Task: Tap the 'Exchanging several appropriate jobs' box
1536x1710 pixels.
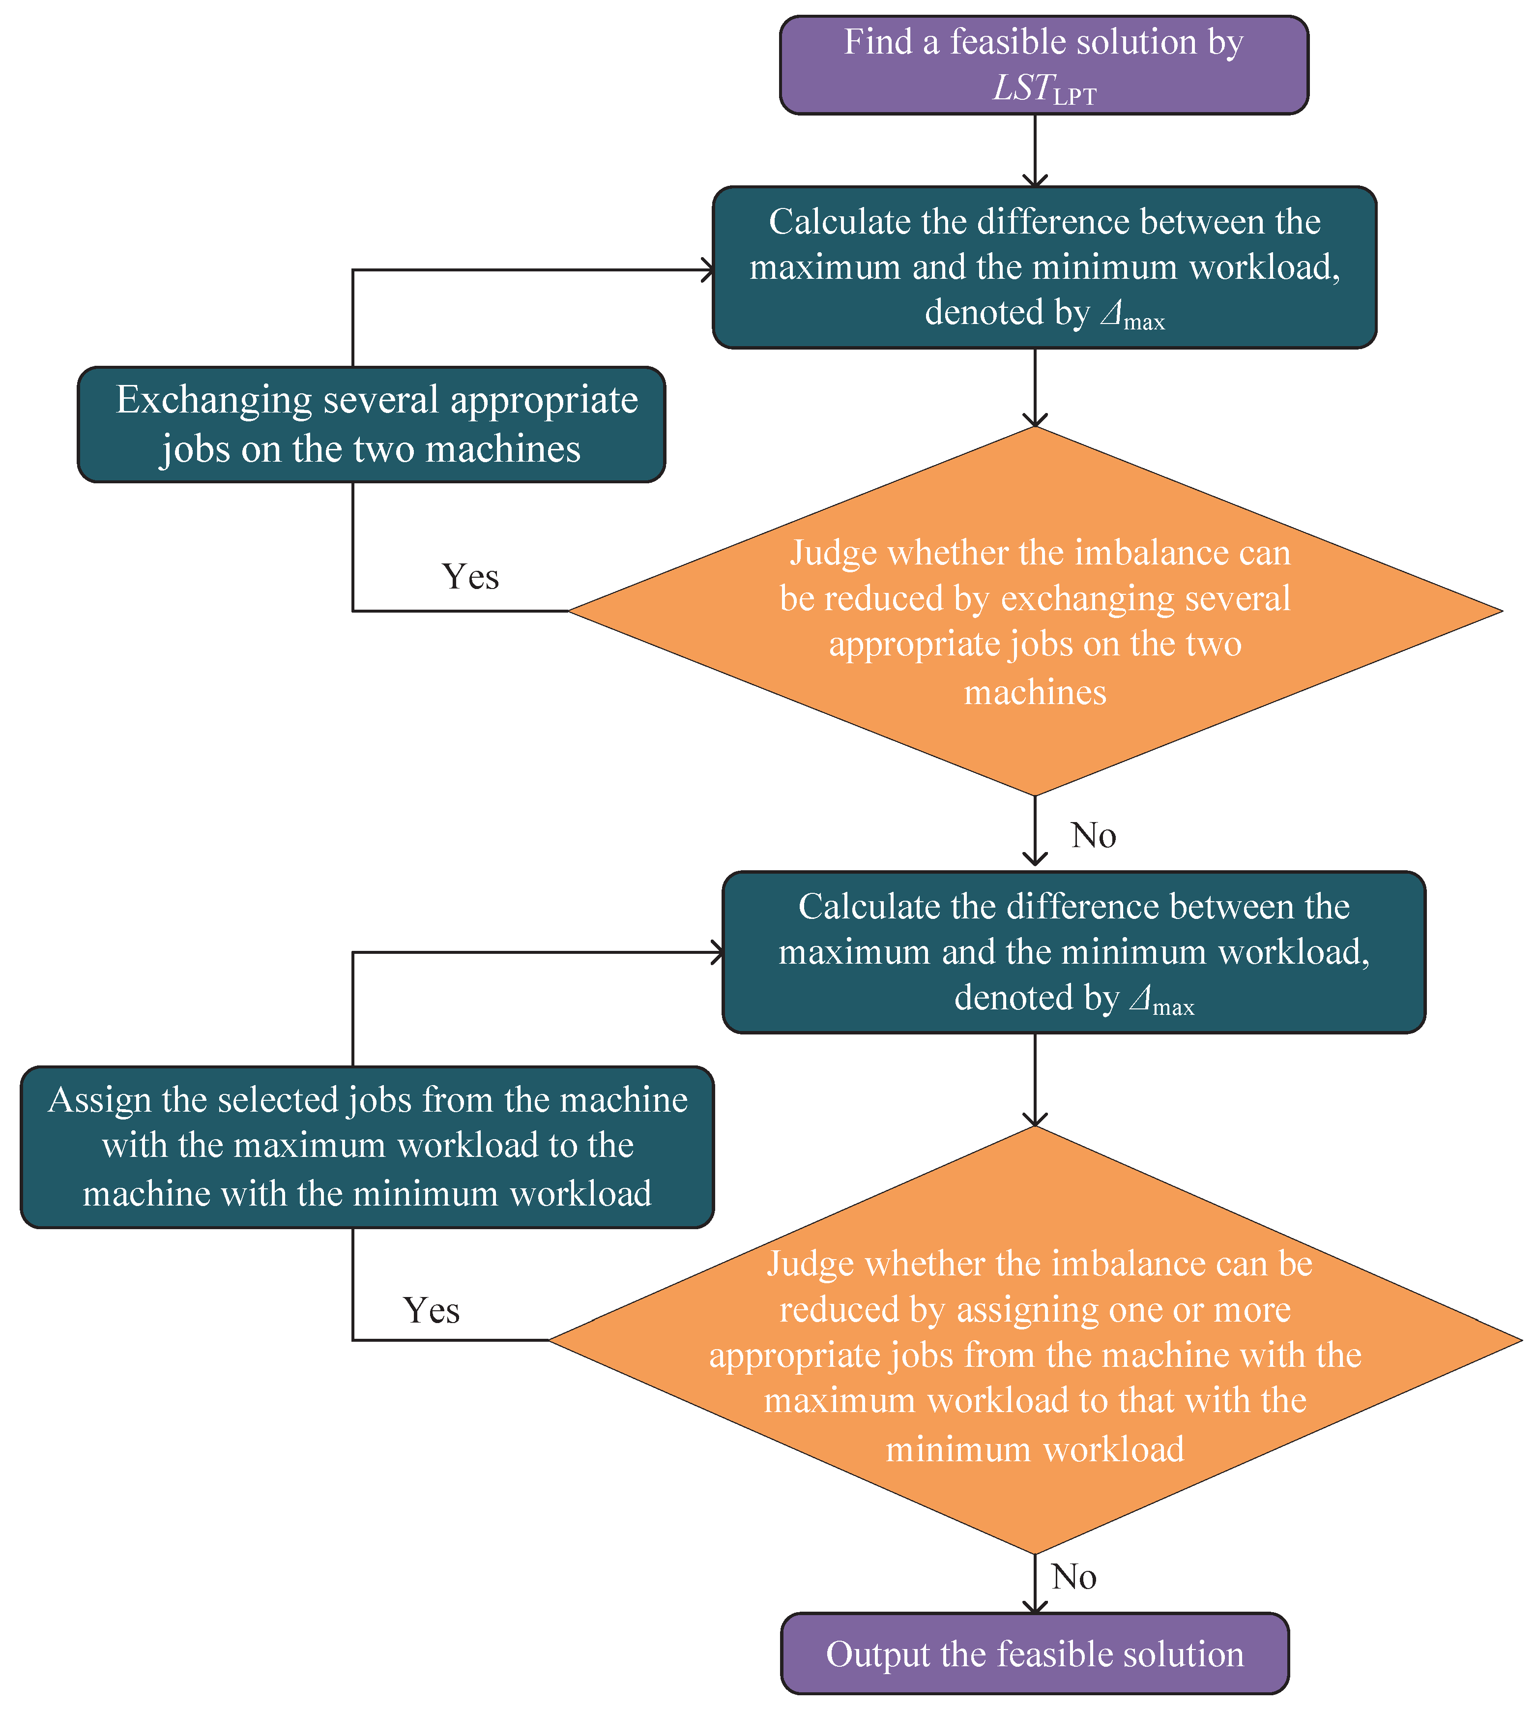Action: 371,424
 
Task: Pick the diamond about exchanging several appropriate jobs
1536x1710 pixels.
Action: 1035,610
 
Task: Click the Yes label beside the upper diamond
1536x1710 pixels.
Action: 470,576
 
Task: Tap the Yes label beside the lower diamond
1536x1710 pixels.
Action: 431,1310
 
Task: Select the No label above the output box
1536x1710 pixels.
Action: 1073,1577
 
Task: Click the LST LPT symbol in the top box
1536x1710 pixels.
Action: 1044,89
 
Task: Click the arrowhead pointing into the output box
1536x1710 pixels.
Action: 1035,1606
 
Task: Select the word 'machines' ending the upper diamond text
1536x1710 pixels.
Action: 1035,692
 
